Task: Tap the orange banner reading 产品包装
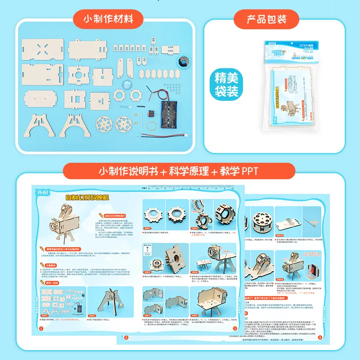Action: [x=267, y=19]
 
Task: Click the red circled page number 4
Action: [x=320, y=337]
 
